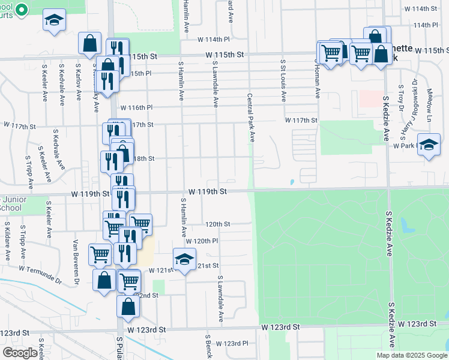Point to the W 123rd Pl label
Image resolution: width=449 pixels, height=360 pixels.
(x=232, y=343)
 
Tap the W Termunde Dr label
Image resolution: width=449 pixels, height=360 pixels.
(x=40, y=275)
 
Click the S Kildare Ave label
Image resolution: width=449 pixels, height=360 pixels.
(x=7, y=244)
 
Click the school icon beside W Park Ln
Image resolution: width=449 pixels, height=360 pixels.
(x=429, y=145)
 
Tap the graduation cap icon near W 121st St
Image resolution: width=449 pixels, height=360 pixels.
(x=184, y=259)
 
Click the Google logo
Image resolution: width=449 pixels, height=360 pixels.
(x=20, y=352)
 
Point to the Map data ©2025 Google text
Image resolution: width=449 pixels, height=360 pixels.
(x=411, y=355)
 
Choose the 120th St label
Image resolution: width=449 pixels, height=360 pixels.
(x=217, y=224)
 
